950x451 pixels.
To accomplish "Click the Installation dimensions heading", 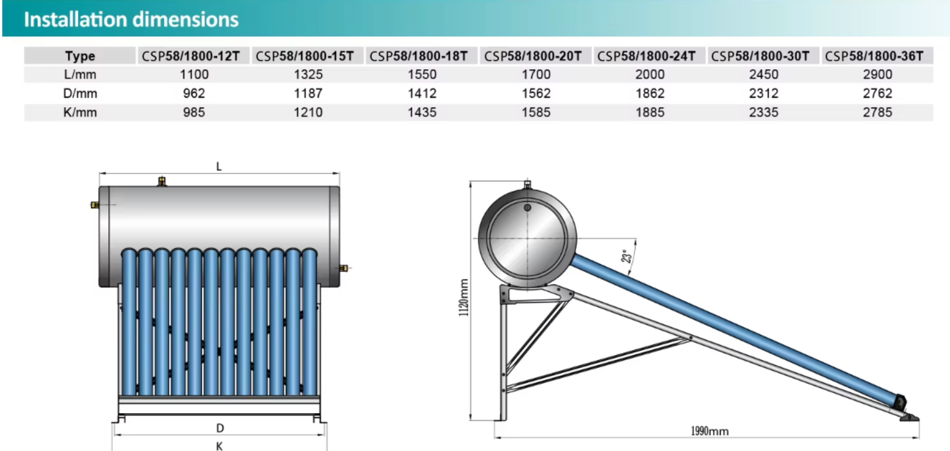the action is coord(131,20).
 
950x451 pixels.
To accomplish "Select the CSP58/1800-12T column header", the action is coord(191,56).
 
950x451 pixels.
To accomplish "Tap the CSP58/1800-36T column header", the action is coord(874,56).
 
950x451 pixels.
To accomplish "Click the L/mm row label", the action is coord(80,75).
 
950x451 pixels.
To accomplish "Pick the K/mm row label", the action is coord(80,113).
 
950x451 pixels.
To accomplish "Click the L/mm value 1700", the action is coord(536,75).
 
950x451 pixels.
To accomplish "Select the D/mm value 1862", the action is coord(650,93).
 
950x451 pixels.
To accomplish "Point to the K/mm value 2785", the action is coord(877,113).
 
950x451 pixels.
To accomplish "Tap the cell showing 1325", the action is coord(308,75).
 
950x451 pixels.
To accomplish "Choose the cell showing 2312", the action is coord(764,93).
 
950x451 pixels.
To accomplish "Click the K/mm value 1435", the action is coord(422,113).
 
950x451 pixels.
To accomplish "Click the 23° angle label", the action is coord(626,257).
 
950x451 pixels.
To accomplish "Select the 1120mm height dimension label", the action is coord(463,297).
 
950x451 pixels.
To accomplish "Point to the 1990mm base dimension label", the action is coord(710,431).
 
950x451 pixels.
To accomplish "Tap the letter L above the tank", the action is coord(219,166).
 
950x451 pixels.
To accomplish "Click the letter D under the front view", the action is coord(220,428).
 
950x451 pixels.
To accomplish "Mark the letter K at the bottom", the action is coord(219,446).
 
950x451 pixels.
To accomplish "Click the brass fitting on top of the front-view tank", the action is coord(162,181).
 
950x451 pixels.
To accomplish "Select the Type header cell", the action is coord(80,56).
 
